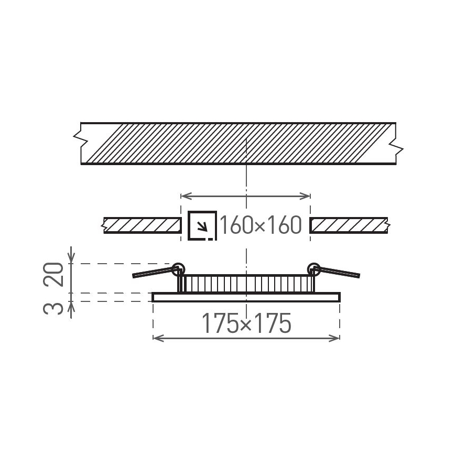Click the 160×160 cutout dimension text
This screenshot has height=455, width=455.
click(261, 225)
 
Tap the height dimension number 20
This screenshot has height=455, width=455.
click(54, 274)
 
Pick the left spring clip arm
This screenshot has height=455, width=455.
click(153, 273)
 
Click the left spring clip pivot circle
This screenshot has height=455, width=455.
click(178, 268)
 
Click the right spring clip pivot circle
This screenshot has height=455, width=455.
click(314, 268)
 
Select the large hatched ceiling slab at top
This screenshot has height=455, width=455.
click(239, 144)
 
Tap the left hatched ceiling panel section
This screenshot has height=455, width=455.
click(142, 225)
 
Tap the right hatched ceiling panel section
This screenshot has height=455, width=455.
click(349, 225)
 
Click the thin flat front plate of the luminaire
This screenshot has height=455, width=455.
click(246, 297)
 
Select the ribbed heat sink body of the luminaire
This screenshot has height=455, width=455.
click(246, 284)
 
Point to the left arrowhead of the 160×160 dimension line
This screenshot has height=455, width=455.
click(183, 196)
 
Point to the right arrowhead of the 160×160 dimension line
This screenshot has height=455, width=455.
click(308, 196)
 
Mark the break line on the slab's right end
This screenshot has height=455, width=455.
click(398, 147)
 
